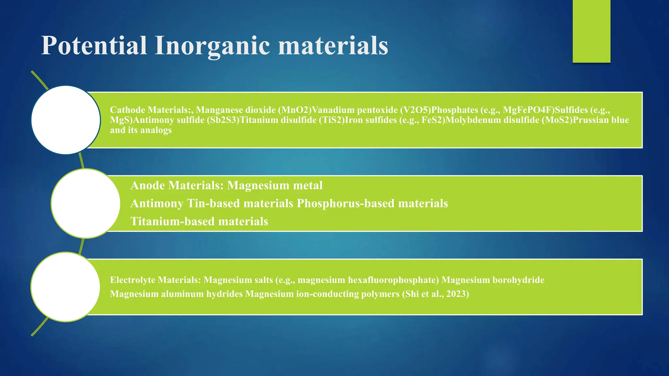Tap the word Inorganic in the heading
coord(212,46)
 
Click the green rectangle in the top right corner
coord(591,31)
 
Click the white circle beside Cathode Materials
coord(66,120)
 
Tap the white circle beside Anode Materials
coord(86,203)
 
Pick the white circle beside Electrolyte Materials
coord(65,287)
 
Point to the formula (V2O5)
coord(415,110)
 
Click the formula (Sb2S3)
coord(223,120)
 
